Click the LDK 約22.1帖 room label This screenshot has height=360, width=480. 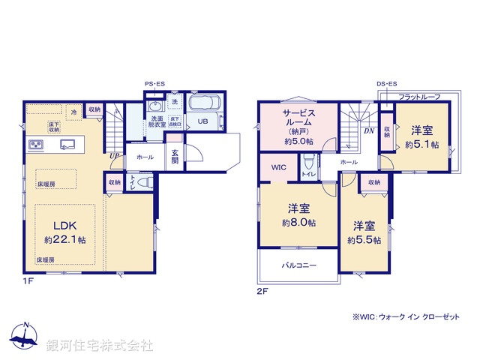64,232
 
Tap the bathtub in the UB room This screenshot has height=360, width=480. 202,104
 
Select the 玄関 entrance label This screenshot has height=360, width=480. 174,157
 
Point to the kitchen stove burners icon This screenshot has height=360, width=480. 37,145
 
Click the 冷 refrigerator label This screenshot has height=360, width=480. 73,112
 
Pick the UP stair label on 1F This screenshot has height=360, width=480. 113,155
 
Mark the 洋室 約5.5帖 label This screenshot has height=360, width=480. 364,232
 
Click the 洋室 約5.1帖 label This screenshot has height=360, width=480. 422,136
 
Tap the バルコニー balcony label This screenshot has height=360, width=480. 299,265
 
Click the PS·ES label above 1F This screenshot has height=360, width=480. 156,84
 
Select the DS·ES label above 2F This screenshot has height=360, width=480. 387,84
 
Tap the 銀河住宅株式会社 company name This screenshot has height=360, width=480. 99,346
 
